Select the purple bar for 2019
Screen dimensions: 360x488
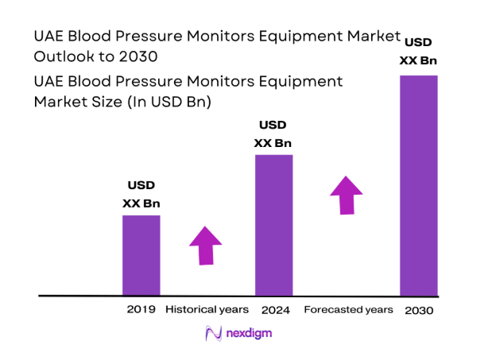(141, 255)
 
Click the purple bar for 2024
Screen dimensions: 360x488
(273, 225)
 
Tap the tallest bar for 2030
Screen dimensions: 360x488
(418, 185)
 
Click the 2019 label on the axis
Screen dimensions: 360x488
(141, 309)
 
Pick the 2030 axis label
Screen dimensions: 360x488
(418, 310)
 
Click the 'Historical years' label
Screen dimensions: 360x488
(207, 309)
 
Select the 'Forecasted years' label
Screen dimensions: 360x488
(348, 309)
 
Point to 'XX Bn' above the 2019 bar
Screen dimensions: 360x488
(141, 203)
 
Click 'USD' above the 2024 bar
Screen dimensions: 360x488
(273, 126)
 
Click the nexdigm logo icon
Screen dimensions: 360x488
(212, 334)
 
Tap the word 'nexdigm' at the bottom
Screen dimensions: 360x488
(249, 334)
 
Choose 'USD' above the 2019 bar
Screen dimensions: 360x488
(141, 186)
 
